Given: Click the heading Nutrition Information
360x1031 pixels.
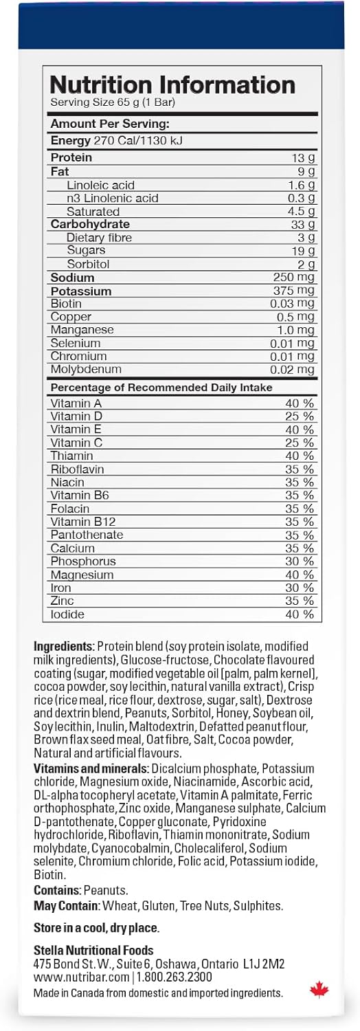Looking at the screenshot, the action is coord(172,85).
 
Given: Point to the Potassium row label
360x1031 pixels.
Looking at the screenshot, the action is coord(81,291).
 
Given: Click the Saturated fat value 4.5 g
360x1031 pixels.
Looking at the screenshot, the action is coord(302,211).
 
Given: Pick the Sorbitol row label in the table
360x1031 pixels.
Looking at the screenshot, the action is coord(88,264).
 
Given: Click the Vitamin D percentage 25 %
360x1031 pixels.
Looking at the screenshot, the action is coord(300,417).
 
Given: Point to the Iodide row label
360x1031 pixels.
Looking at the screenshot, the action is coord(67,614).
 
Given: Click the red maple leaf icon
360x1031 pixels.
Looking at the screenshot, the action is coord(319,989).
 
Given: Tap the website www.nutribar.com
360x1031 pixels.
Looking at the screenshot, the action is coord(81,977).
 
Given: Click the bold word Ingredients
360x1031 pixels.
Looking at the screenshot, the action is coord(63,647).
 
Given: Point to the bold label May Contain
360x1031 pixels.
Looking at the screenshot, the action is coord(66,906).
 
